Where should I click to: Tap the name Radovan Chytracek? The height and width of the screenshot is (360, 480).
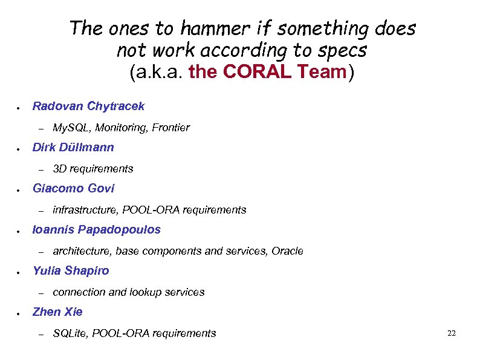(88, 106)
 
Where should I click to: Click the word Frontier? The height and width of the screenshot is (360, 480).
(171, 128)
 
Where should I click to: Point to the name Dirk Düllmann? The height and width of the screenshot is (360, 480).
(73, 147)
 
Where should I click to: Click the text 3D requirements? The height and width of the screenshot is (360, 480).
(93, 169)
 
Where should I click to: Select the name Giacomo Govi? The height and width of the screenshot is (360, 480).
(73, 188)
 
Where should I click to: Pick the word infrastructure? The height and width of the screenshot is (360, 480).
(86, 210)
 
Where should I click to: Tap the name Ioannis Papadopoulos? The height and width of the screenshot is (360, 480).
(97, 229)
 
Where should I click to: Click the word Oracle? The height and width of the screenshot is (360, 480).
(288, 251)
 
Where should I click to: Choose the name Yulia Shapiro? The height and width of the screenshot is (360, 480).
(71, 270)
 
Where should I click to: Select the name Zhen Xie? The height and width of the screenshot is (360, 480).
(57, 312)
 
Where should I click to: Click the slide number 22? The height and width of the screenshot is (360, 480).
(451, 333)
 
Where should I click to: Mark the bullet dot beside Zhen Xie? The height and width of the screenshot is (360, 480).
(19, 313)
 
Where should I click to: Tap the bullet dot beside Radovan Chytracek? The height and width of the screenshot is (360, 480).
(19, 108)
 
